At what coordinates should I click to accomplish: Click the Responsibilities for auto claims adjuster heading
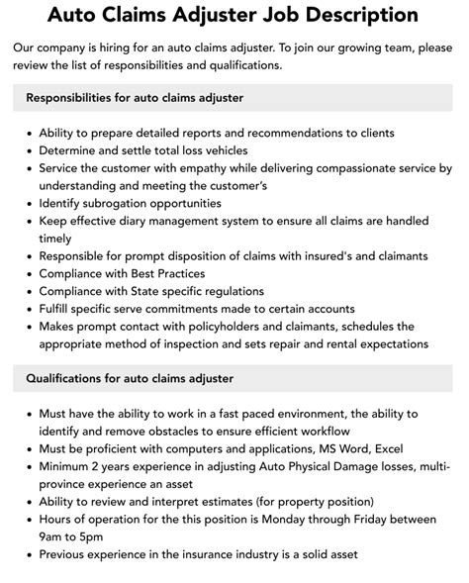pos(135,98)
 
